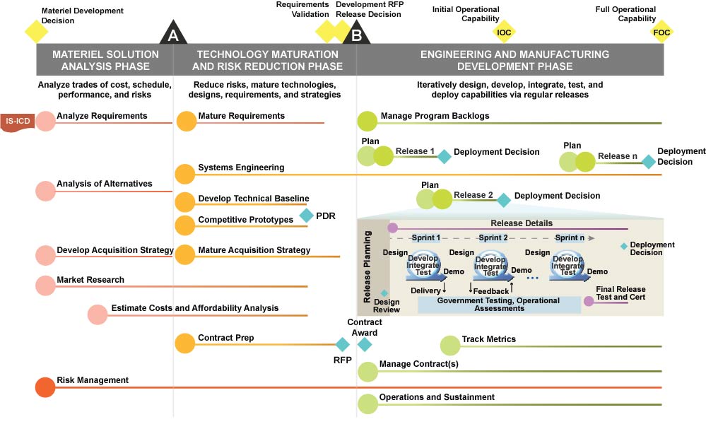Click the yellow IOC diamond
pos(504,33)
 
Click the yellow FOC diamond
pos(662,33)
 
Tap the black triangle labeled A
pos(172,33)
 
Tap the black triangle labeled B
pos(356,33)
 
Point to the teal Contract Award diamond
pos(365,344)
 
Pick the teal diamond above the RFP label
pos(343,344)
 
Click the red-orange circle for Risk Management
pos(45,387)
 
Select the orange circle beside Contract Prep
pos(185,343)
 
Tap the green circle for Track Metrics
pos(450,345)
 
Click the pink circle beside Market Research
pos(45,286)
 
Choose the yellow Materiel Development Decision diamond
pos(36,31)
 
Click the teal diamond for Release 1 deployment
pos(444,156)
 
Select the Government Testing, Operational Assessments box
pos(499,305)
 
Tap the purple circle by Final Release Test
pos(589,301)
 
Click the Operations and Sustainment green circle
pos(367,403)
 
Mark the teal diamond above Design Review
pos(384,293)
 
